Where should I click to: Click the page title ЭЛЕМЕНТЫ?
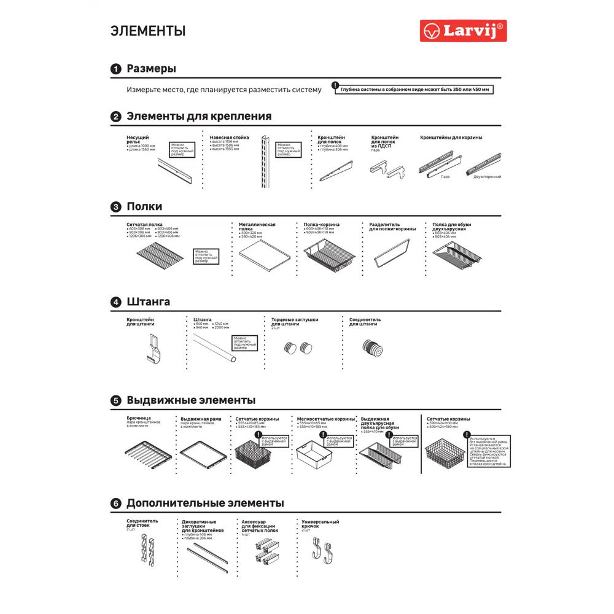(x=148, y=31)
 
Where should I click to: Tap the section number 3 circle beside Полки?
(x=115, y=207)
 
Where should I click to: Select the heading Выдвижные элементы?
(x=191, y=400)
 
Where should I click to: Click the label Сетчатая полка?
(x=144, y=225)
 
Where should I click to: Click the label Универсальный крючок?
(x=320, y=524)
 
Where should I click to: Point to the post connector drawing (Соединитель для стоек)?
(x=145, y=549)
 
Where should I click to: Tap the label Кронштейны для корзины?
(x=451, y=138)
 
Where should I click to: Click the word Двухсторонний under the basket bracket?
(x=487, y=177)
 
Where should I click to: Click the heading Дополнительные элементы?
(x=205, y=503)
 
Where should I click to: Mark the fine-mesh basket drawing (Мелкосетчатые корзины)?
(x=314, y=454)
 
